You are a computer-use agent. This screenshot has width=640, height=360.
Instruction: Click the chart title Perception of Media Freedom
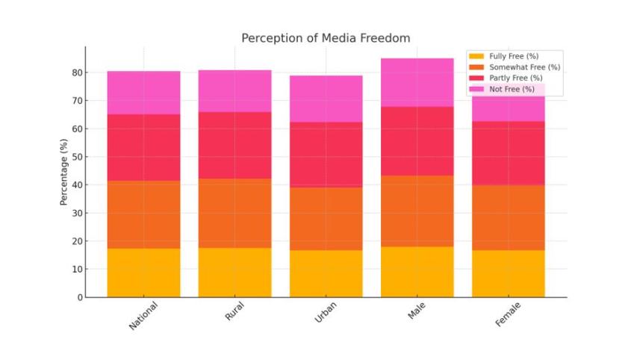[326, 38]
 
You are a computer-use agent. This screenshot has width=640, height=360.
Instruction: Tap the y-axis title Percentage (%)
[65, 172]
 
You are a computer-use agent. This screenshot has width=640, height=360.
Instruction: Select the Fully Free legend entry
[513, 56]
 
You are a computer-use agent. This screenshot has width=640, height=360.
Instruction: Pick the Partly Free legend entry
[515, 78]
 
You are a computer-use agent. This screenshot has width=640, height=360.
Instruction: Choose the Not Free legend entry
[512, 89]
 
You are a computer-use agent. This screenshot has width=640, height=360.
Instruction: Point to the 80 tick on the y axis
[77, 72]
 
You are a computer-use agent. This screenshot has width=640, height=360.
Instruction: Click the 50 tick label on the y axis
[77, 157]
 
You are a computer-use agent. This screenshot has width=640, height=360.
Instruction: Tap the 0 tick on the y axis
[80, 297]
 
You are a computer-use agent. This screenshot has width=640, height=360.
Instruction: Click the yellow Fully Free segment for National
[144, 273]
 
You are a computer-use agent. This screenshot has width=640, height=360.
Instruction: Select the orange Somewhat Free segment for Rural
[234, 213]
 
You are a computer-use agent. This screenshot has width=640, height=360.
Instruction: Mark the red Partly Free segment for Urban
[326, 155]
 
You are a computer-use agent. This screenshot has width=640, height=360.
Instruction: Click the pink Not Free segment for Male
[417, 82]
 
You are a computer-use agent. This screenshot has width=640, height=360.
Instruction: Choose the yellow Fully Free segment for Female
[508, 273]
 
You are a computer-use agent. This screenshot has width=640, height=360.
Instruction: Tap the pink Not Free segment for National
[144, 93]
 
